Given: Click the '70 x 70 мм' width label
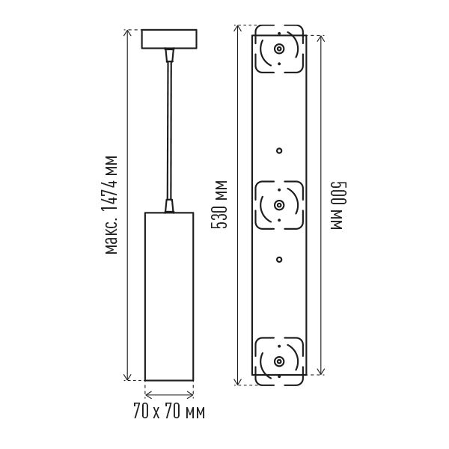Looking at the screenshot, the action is pos(169,412).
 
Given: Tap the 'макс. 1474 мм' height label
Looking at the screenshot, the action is pos(112,205).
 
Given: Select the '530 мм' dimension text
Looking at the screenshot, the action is pos(219,205).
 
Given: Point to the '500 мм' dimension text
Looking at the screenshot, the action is pos(339,205).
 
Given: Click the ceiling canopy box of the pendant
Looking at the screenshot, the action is pos(169,39).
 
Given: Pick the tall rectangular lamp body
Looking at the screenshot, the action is pos(169,296).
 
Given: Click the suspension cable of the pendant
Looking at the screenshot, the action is pos(170,130).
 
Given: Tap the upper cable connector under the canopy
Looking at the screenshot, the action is pos(170,55).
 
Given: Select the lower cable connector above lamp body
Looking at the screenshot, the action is pos(170,206).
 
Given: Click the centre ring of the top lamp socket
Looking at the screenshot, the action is pos(279,49).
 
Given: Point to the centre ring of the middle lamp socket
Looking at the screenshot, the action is pos(279,205).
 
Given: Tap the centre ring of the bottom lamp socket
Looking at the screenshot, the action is pos(279,361).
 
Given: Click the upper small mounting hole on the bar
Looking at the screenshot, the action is pos(279,150).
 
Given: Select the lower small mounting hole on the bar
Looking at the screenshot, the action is pos(279,260).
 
